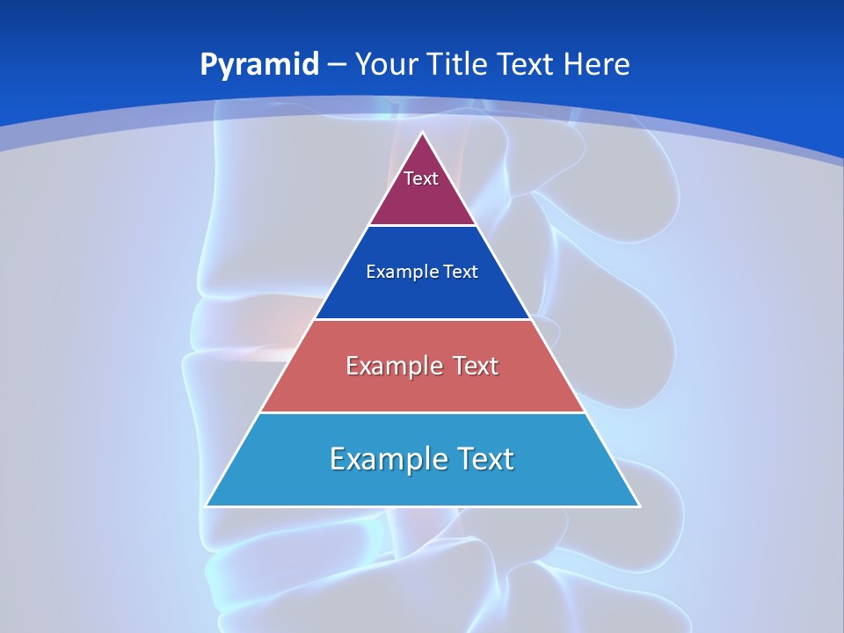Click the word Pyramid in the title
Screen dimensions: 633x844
[x=259, y=65]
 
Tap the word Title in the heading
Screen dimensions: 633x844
[x=459, y=64]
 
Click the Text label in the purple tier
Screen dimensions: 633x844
[x=421, y=178]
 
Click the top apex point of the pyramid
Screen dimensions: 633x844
[x=423, y=134]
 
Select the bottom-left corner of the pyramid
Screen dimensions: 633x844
[x=207, y=506]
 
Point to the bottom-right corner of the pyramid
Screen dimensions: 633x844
[x=638, y=506]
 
